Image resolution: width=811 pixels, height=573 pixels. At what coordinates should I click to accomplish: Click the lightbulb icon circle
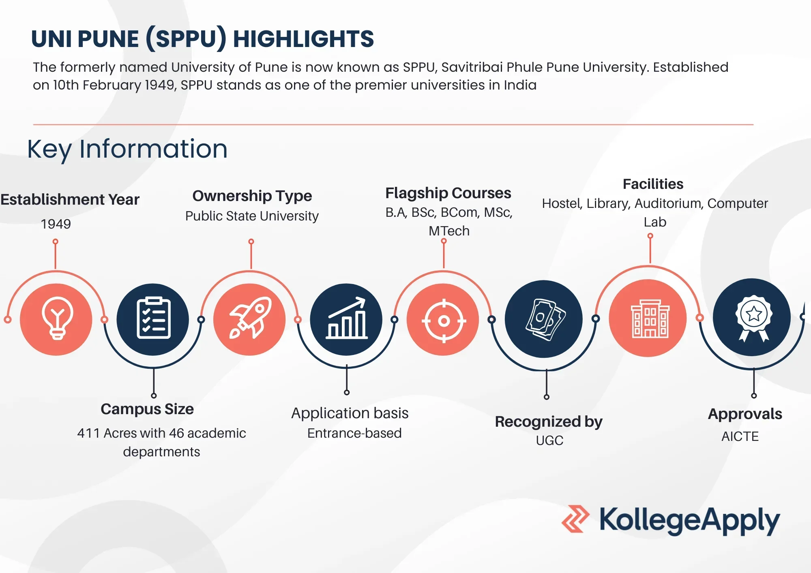(56, 319)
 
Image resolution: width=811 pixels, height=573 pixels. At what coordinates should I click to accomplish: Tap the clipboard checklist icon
(153, 318)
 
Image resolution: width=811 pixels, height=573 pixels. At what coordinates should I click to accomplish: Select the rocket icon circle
(250, 319)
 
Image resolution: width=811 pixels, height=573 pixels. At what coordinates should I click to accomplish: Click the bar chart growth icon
(347, 318)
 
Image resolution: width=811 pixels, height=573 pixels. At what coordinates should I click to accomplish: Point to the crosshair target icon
(444, 321)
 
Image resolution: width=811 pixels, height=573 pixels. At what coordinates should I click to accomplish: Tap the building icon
(650, 319)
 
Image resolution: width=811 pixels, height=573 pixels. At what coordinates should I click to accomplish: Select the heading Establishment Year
(70, 199)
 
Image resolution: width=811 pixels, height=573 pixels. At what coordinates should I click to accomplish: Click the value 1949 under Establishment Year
(56, 224)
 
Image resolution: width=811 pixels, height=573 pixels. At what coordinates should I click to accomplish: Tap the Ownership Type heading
(252, 196)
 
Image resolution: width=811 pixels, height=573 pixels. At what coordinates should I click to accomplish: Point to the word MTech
(449, 231)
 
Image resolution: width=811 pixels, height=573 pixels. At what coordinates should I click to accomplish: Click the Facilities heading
(653, 184)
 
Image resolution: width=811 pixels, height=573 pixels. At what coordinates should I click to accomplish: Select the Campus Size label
(147, 409)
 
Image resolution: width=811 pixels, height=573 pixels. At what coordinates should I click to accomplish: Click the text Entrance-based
(354, 433)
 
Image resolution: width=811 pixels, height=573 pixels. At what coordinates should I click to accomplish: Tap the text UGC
(549, 440)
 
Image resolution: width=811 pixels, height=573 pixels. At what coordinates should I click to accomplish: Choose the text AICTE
(740, 436)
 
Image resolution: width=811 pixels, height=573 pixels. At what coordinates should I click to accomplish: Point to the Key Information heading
(127, 149)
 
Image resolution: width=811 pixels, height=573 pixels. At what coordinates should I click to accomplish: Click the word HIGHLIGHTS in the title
(303, 39)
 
